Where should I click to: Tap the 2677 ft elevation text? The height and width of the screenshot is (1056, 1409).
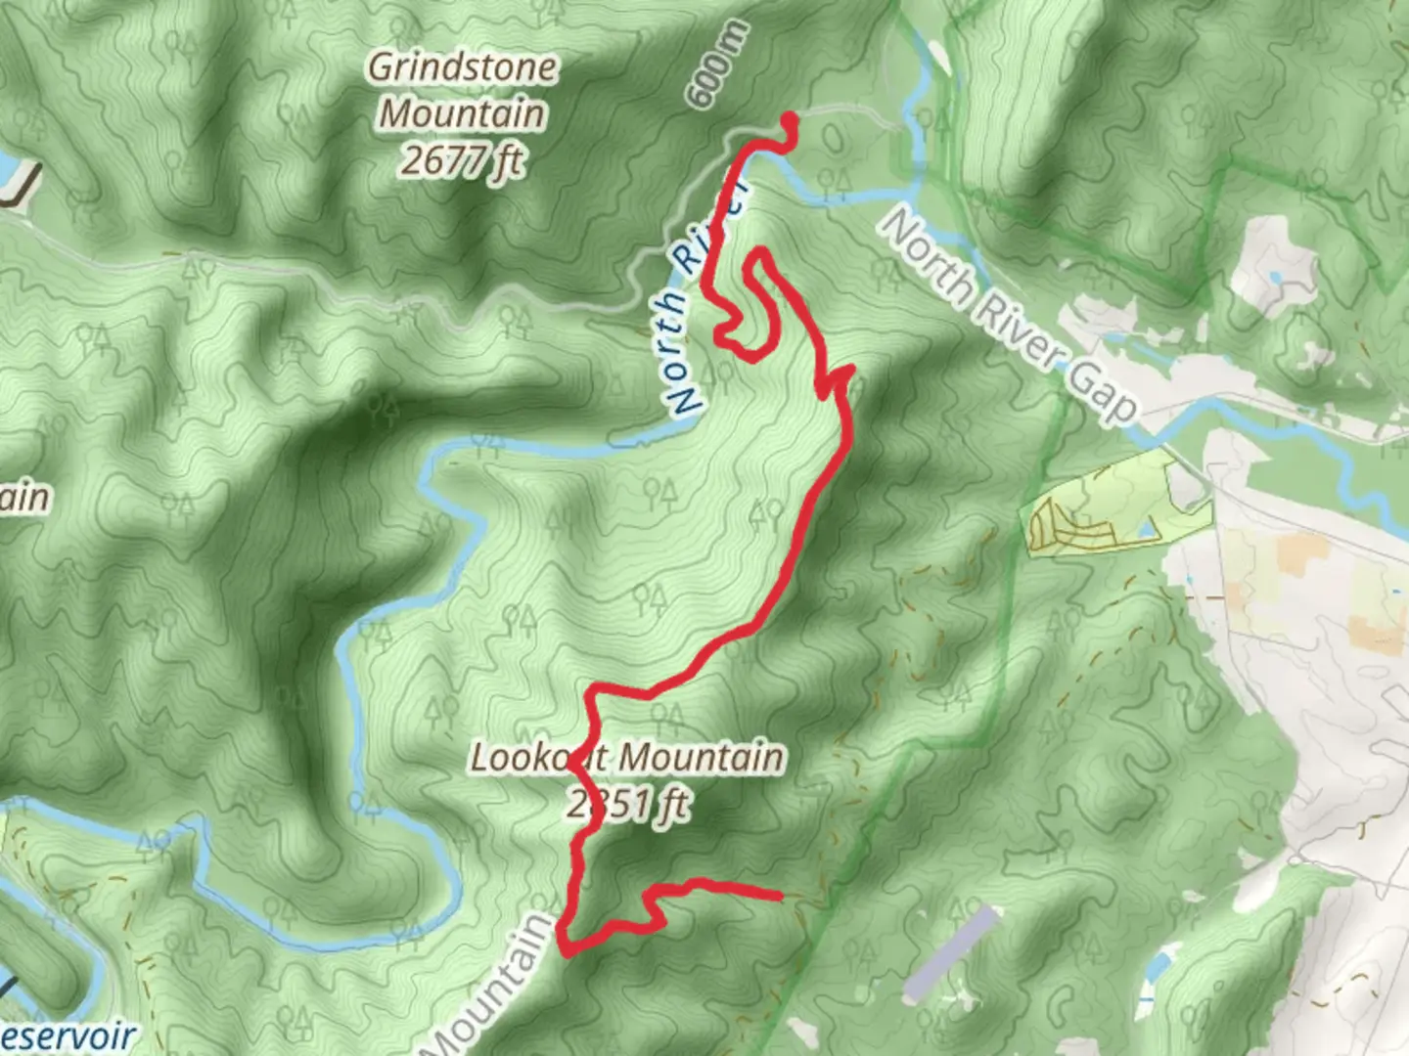[462, 159]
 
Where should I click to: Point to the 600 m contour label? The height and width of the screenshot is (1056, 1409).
[719, 65]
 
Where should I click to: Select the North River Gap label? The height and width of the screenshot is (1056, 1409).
[1008, 315]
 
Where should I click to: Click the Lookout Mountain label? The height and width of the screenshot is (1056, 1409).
[627, 758]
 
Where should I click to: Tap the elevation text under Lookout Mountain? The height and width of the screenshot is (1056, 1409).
[627, 805]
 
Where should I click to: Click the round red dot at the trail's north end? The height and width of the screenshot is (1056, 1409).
[790, 120]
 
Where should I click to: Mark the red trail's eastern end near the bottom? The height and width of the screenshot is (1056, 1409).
[778, 895]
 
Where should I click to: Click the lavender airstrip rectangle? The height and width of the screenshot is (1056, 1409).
[948, 953]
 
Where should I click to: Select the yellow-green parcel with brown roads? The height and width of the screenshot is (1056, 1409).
[1115, 504]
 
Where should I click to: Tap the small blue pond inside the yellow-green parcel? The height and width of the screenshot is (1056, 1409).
[1143, 531]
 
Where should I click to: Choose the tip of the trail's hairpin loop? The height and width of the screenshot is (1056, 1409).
[755, 257]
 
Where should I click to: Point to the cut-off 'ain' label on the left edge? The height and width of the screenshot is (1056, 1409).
[23, 497]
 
